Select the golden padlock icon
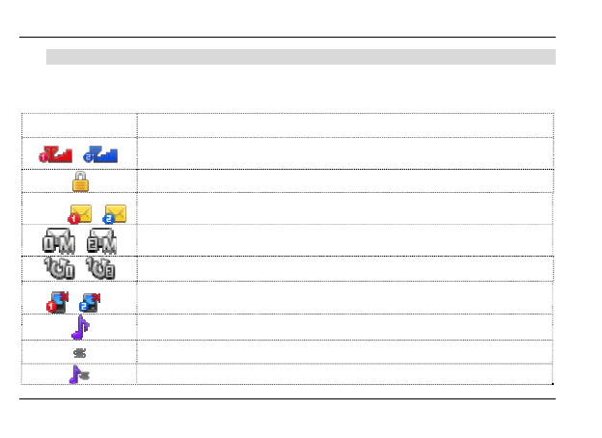pyautogui.click(x=80, y=180)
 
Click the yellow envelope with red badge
pyautogui.click(x=80, y=213)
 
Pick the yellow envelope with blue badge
pyautogui.click(x=114, y=213)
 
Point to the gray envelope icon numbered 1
pyautogui.click(x=59, y=240)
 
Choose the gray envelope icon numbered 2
pyautogui.click(x=100, y=240)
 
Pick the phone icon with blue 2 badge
pyautogui.click(x=91, y=301)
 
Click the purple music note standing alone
pyautogui.click(x=80, y=327)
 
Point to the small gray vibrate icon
pyautogui.click(x=80, y=352)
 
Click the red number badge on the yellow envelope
pyautogui.click(x=74, y=219)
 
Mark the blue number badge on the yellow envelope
pyautogui.click(x=107, y=219)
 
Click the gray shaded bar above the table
pyautogui.click(x=300, y=57)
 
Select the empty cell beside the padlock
pyautogui.click(x=344, y=180)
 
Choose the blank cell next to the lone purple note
pyautogui.click(x=344, y=327)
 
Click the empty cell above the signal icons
pyautogui.click(x=79, y=124)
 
